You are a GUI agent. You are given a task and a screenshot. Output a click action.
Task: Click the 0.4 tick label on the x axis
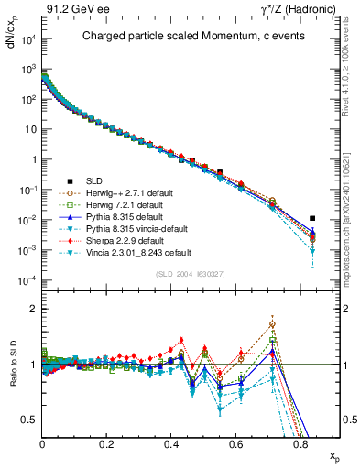[x=172, y=446]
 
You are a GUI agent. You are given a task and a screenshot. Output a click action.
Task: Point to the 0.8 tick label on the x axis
[x=300, y=446]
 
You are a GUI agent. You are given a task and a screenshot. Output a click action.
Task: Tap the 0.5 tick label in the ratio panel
[x=30, y=420]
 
